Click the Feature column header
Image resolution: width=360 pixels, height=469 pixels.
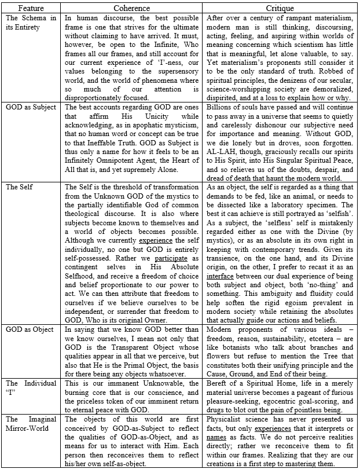point(31,8)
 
